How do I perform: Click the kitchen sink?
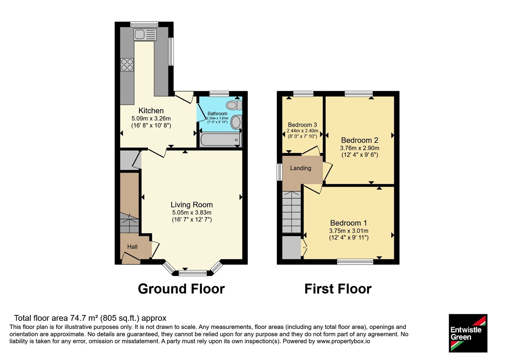coord(145,35)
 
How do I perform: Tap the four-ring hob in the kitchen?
coord(127,65)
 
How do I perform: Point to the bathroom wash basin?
coord(236,122)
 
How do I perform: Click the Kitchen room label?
coord(151,111)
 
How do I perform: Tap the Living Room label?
coord(191,204)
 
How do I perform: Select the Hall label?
coord(132,247)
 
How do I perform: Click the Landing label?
coord(301,168)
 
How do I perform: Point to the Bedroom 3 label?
coord(302,125)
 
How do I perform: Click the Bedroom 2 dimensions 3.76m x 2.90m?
coord(359,148)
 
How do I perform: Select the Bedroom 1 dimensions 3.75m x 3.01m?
coord(349,231)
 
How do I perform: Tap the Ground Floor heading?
coord(181,289)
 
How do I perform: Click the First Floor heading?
coord(338,289)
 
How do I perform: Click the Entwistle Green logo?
coord(468,333)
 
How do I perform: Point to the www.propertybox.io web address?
coord(343,341)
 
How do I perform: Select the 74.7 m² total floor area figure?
coord(84,318)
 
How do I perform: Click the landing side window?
coord(279,172)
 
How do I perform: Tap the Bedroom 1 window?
coord(355,262)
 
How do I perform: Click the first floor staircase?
coord(291,212)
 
